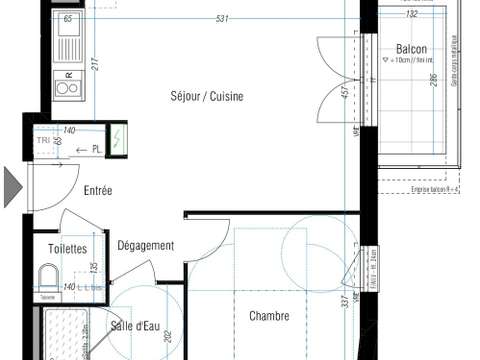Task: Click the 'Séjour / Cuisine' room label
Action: click(x=206, y=97)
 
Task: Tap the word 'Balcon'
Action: click(x=411, y=49)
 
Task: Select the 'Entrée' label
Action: click(x=97, y=191)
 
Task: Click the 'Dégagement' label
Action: click(x=146, y=246)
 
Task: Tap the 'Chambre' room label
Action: click(x=269, y=316)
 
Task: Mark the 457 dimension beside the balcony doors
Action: click(x=346, y=96)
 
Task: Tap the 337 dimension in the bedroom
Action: click(x=344, y=301)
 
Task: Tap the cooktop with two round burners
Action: click(x=68, y=87)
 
